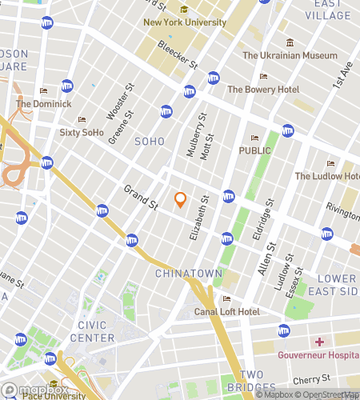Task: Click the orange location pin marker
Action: [x=180, y=200]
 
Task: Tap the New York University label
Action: [x=185, y=22]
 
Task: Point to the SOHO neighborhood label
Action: [x=150, y=142]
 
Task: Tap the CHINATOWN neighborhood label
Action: [x=188, y=274]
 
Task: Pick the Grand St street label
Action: [x=141, y=198]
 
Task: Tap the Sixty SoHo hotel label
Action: [x=82, y=132]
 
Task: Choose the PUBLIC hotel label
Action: [x=255, y=150]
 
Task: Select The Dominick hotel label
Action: [x=43, y=103]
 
